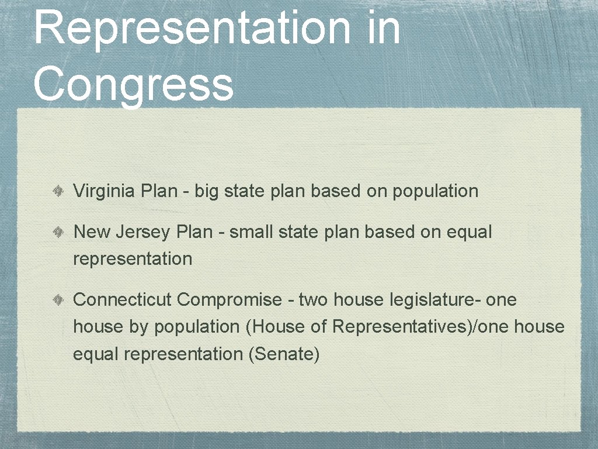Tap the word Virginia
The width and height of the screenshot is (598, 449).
click(x=104, y=191)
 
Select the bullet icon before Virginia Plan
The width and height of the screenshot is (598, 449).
click(x=60, y=191)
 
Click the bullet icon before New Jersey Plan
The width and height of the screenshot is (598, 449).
click(x=60, y=232)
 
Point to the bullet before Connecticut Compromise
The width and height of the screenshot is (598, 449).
click(x=60, y=301)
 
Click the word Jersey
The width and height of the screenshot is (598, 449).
click(x=144, y=232)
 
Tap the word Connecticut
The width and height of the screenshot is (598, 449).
click(x=122, y=300)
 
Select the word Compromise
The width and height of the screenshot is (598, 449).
click(x=230, y=300)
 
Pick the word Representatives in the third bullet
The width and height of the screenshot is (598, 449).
click(x=402, y=327)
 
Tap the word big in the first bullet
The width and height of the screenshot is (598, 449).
click(x=206, y=192)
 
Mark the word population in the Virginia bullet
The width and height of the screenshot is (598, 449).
click(x=435, y=192)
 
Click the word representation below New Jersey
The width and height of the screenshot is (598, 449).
click(x=133, y=259)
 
